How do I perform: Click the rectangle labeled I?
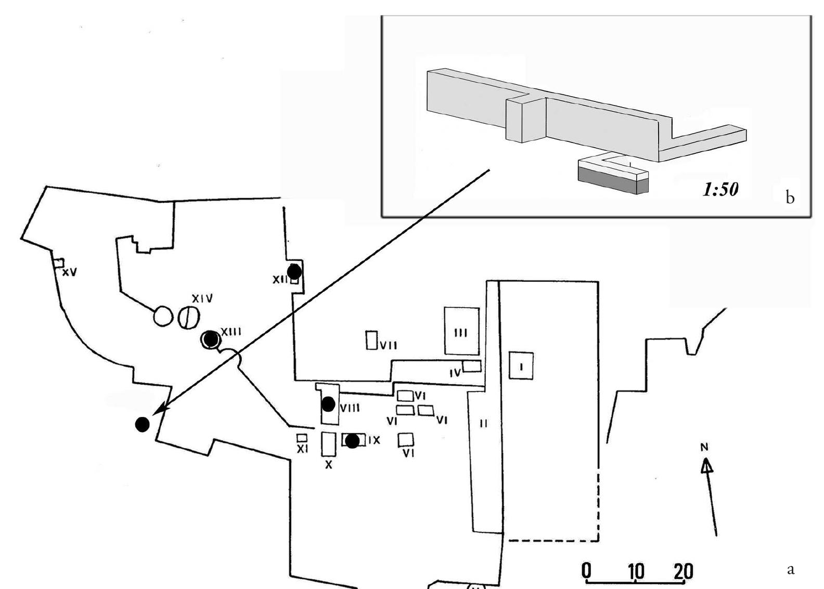point(521,365)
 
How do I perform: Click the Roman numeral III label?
point(461,333)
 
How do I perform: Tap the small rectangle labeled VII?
point(371,341)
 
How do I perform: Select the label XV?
point(70,272)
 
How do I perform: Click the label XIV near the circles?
point(202,299)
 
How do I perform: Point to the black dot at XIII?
point(211,339)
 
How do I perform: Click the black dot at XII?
point(294,271)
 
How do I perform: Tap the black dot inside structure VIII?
point(328,404)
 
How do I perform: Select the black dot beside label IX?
point(352,441)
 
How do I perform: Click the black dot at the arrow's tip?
point(142,425)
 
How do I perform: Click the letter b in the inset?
point(790,198)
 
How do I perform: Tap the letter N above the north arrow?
point(704,447)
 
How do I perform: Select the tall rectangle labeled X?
point(328,444)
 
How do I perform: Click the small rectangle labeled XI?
point(302,438)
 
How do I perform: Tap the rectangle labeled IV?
point(472,366)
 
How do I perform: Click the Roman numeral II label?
point(484,424)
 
